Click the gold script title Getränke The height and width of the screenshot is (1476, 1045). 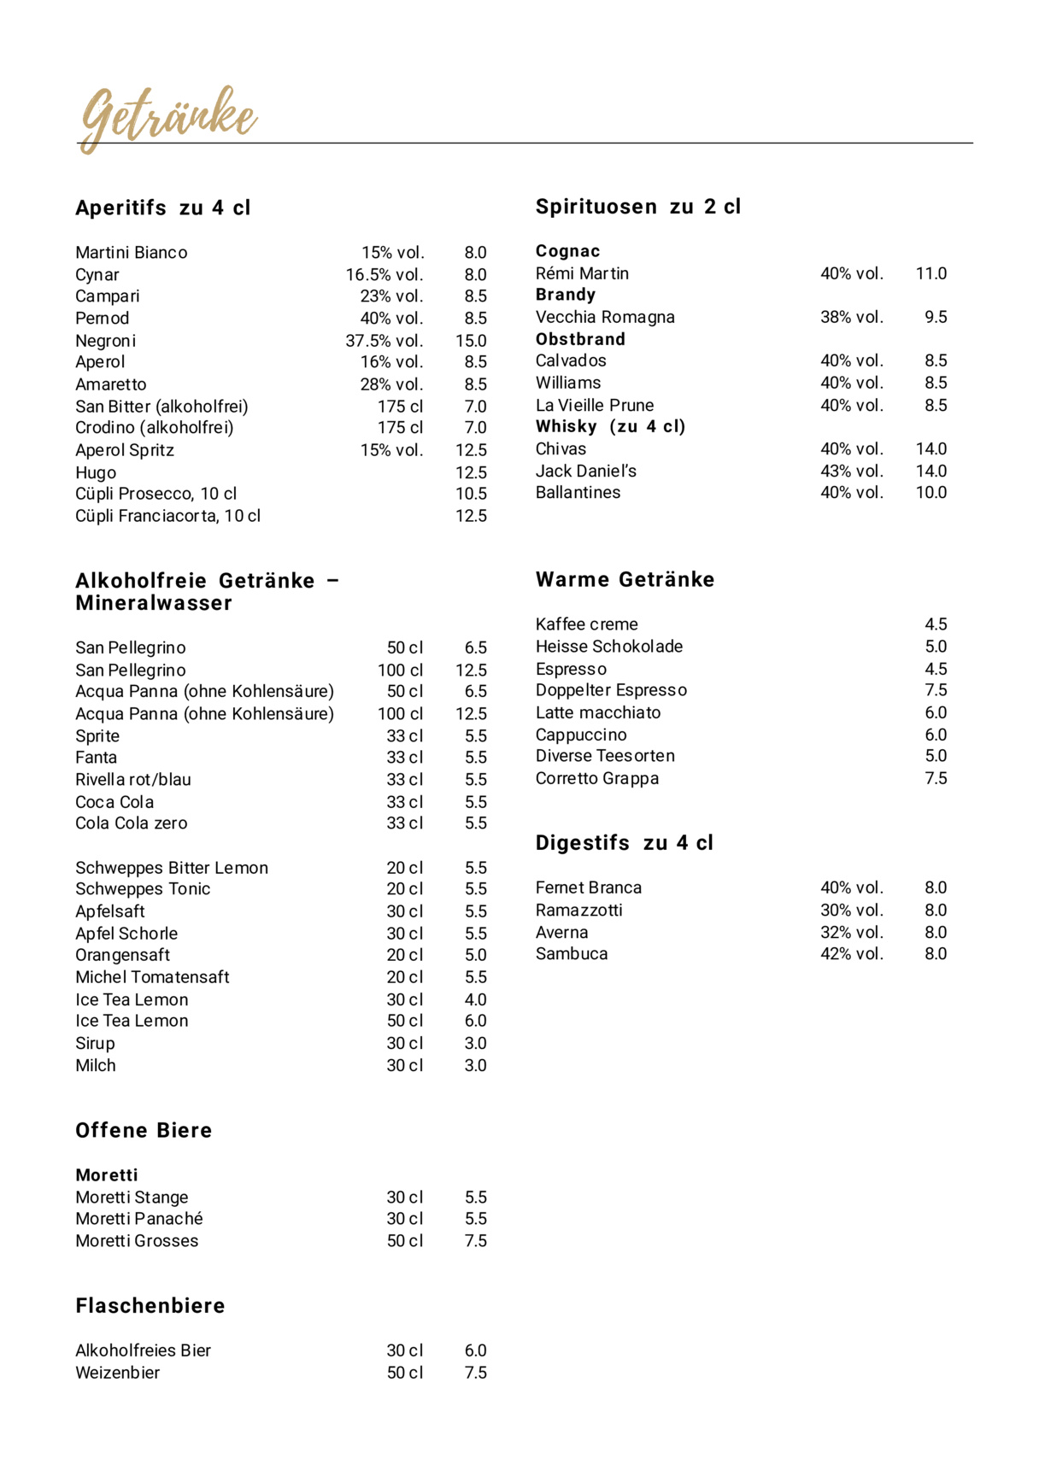pos(168,117)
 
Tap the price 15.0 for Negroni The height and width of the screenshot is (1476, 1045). pos(471,341)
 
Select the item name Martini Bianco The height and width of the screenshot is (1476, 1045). pos(132,253)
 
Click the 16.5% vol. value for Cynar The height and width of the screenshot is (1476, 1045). pos(385,275)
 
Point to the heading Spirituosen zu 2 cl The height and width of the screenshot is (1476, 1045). pos(638,207)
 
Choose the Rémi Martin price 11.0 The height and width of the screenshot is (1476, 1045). pos(931,273)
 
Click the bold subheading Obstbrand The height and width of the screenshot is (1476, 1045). pos(580,339)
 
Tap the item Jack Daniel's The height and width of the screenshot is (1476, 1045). pos(586,471)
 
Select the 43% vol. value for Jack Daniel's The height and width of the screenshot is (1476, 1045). pos(852,471)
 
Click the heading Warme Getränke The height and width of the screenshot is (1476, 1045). pos(625,580)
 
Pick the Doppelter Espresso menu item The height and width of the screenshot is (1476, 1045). pos(611,690)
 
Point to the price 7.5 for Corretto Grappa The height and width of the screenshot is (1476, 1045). pos(936,778)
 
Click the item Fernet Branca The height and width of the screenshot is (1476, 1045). pos(589,887)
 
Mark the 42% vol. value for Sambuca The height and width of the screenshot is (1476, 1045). pos(852,954)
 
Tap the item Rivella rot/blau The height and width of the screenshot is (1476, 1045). pos(133,780)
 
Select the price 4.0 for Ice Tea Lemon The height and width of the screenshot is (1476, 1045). pos(475,999)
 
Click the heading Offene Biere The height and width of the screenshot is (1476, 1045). pos(144,1131)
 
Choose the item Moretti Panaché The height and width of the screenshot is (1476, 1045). pos(139,1219)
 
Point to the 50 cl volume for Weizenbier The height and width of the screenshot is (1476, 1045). pos(405,1373)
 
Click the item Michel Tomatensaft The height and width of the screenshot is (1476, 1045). pos(152,977)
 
